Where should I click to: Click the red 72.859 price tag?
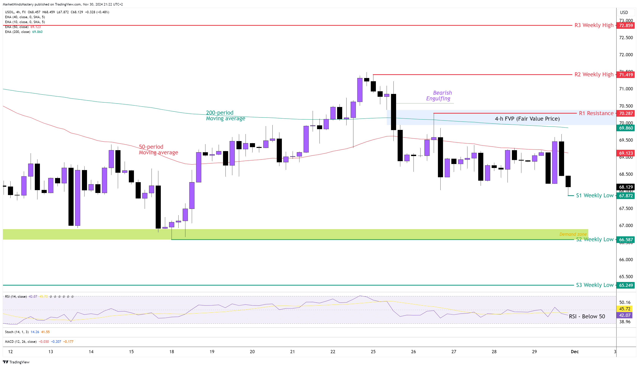coord(626,25)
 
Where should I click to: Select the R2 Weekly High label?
coord(594,74)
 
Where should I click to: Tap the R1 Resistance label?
coord(596,113)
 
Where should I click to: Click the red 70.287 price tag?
coord(626,113)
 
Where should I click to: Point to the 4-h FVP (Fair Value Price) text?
coord(527,119)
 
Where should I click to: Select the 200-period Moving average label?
coord(225,116)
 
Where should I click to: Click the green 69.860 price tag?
coord(626,128)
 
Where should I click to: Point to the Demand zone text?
coord(573,234)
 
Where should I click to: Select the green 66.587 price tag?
coord(626,240)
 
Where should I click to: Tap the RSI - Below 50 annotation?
coord(587,316)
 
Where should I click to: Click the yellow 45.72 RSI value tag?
coord(625,309)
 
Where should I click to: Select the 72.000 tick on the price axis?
coord(626,55)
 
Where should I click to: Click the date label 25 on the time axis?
coord(373,352)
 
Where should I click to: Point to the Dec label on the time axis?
coord(574,352)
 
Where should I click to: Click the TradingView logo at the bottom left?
coord(16,362)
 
